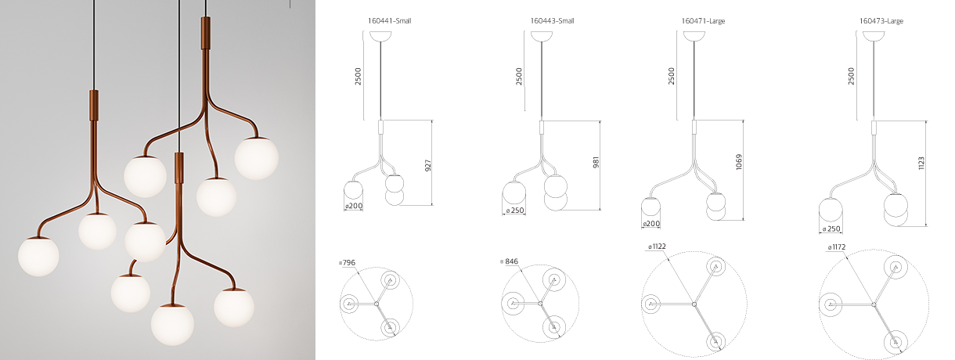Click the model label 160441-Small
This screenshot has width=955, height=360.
390,21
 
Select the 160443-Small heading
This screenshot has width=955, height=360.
552,21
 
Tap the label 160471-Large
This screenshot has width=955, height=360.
703,21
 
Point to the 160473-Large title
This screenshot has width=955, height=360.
881,21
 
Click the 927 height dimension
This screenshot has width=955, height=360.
428,165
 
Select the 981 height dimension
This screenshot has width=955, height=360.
596,162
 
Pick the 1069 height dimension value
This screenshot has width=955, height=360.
739,162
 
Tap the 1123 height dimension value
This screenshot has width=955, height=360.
921,163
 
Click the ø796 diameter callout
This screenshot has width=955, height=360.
347,262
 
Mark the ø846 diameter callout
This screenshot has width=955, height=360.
509,261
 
